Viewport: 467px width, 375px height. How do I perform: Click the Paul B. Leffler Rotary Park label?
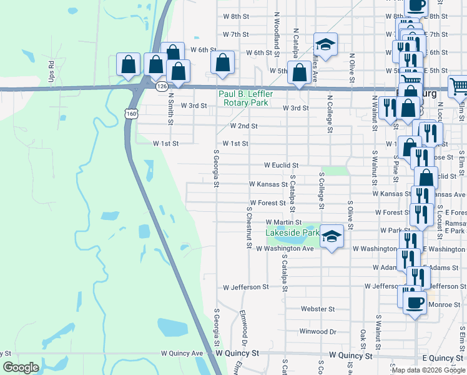tap(245, 98)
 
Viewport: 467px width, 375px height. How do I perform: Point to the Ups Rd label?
tap(52, 72)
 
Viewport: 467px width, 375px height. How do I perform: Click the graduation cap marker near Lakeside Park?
tap(332, 236)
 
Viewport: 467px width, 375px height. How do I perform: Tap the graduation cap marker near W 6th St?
tap(325, 44)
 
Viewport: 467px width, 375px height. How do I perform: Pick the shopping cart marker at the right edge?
tap(458, 86)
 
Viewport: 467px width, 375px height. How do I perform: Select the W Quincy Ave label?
tap(182, 353)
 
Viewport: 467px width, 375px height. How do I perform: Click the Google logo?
tap(21, 367)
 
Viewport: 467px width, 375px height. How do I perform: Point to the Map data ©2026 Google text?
tap(428, 370)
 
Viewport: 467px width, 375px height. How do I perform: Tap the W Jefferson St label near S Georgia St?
tap(246, 287)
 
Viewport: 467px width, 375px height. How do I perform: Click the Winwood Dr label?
tap(318, 331)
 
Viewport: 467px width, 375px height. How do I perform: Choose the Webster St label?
tap(318, 309)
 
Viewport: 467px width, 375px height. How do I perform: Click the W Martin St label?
tap(283, 222)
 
